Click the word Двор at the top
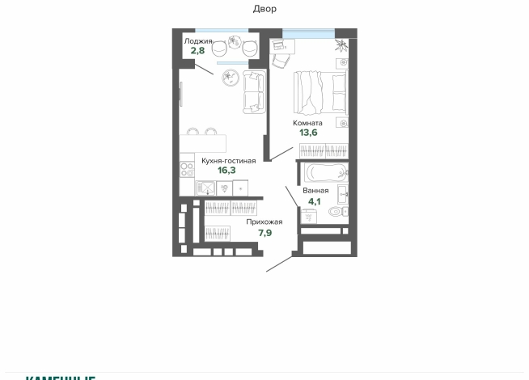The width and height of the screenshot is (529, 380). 264,9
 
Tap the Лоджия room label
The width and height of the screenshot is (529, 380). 198,40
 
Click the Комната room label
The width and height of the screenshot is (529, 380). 307,123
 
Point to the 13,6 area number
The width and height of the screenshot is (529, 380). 307,134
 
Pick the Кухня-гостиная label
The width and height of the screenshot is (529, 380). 228,160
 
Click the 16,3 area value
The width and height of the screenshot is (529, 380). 227,171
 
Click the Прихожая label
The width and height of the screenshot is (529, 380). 264,222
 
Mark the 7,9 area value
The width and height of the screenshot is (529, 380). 264,233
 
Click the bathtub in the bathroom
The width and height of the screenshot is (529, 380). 324,171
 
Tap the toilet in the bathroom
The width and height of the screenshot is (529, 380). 339,212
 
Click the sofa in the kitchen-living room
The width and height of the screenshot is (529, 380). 253,91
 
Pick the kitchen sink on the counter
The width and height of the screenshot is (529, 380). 207,188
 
